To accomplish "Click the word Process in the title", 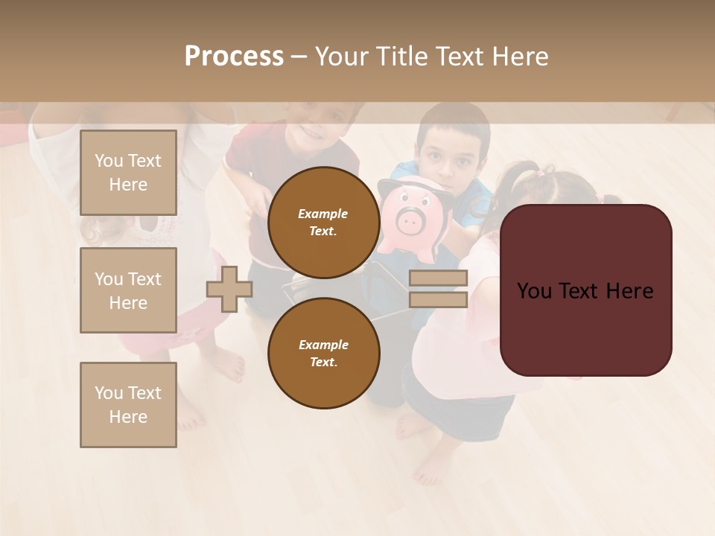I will tap(234, 57).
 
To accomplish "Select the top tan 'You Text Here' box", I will tap(128, 173).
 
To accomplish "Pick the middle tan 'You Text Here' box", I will tap(128, 290).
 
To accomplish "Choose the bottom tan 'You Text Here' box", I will tap(128, 405).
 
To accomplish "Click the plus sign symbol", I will tap(229, 290).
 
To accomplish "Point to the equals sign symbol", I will tap(439, 289).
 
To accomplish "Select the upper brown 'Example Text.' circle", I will tap(323, 222).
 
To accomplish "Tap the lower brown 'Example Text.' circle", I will tap(323, 353).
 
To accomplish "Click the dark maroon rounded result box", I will tap(585, 290).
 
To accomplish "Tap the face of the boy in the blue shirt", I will tap(448, 156).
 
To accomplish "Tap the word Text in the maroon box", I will tap(585, 290).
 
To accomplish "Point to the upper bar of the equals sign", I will tap(439, 278).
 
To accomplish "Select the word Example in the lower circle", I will tap(323, 345).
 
